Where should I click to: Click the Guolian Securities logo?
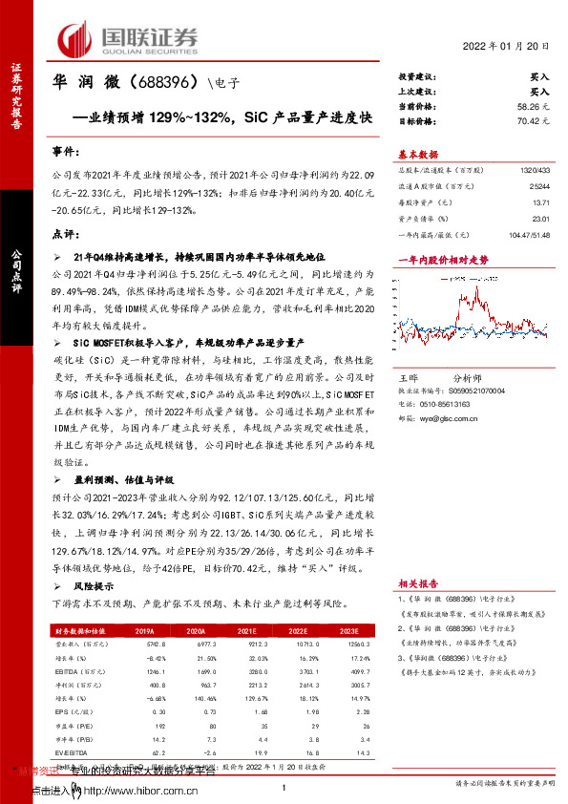tap(130, 39)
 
